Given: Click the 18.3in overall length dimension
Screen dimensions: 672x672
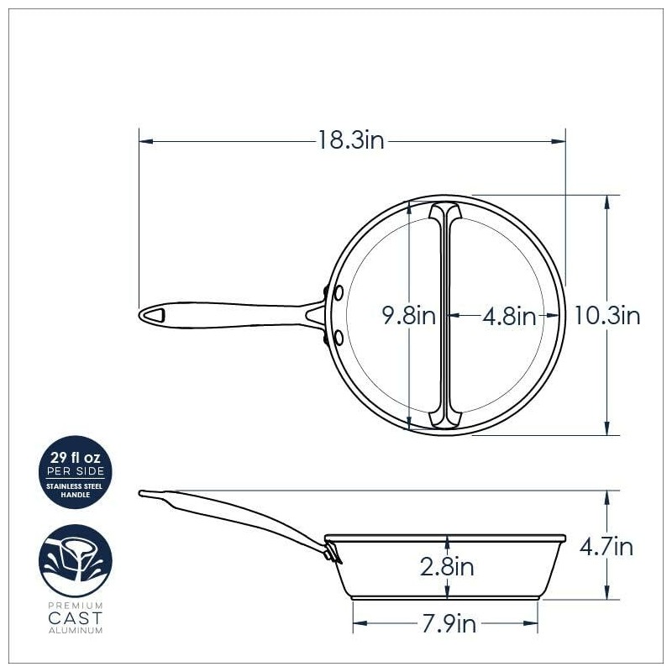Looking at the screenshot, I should click(350, 141).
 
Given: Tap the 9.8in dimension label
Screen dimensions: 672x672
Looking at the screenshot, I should click(408, 316).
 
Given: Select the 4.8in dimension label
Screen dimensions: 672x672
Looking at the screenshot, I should click(509, 317).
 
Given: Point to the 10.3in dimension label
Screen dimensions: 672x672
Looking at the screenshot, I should click(607, 316).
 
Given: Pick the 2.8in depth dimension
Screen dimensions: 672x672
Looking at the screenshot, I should click(447, 567).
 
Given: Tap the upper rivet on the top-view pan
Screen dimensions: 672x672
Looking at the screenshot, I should click(339, 293).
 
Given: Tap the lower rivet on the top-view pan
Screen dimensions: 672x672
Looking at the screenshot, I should click(339, 337).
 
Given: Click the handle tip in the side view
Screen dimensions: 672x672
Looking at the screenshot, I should click(144, 493).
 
